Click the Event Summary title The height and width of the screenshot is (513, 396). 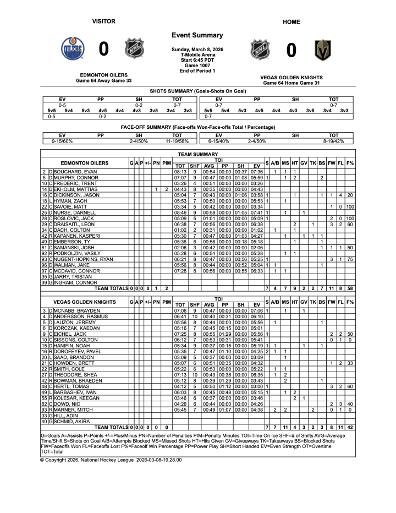point(197,35)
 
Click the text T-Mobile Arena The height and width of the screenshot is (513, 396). point(197,55)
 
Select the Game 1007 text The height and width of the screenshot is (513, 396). point(197,66)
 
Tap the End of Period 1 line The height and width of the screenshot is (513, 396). point(197,70)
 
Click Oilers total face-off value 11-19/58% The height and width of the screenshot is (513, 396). point(177,141)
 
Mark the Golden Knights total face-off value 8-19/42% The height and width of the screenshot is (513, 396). point(333,141)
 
